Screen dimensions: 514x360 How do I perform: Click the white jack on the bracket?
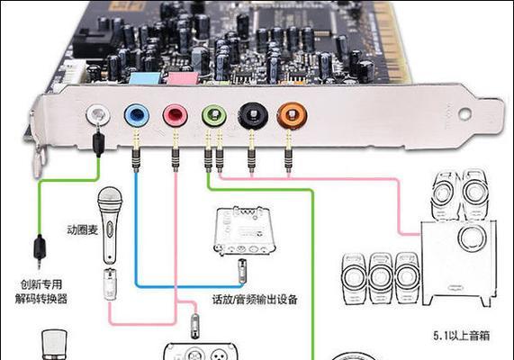click(98, 114)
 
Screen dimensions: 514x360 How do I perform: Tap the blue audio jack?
click(137, 115)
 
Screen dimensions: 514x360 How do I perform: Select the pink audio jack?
click(176, 116)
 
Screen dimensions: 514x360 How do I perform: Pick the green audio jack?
click(214, 116)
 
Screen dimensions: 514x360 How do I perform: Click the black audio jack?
click(253, 116)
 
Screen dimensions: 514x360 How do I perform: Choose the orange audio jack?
click(292, 116)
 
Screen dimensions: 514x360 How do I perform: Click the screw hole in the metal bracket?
click(465, 113)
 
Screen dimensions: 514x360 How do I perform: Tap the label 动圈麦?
click(82, 229)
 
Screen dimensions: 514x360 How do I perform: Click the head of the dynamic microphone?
click(110, 199)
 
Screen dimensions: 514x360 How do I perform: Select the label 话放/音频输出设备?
click(255, 300)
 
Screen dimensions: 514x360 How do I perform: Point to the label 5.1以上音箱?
click(462, 336)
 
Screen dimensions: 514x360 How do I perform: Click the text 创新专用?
click(41, 284)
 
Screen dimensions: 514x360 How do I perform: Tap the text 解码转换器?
click(41, 299)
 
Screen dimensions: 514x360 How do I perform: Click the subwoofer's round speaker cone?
click(473, 238)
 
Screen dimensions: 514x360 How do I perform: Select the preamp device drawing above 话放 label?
click(244, 230)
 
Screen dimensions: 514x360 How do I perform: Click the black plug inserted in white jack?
click(99, 142)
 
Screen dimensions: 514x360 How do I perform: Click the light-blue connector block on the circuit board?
click(144, 79)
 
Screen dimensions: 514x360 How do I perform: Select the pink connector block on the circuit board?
click(184, 79)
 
